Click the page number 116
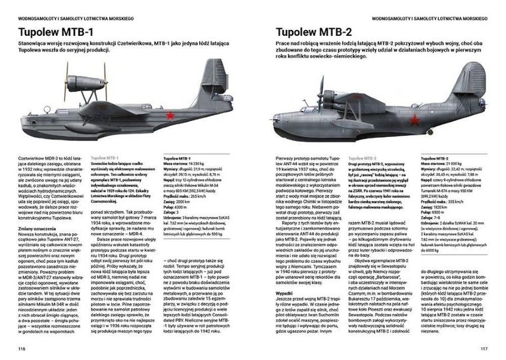click(x=21, y=348)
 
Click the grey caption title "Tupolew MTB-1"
click(x=105, y=157)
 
